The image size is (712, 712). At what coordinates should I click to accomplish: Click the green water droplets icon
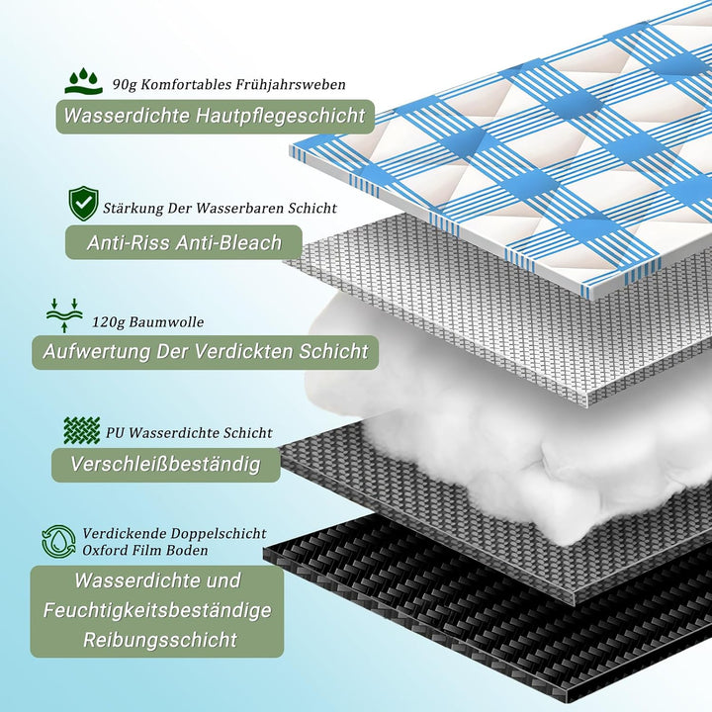point(84,81)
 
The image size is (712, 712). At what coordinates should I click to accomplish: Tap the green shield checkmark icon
point(83,204)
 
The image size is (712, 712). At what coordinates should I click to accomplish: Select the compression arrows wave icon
point(64,315)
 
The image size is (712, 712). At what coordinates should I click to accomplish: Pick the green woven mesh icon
point(82,430)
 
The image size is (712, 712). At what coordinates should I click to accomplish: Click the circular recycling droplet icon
point(58,542)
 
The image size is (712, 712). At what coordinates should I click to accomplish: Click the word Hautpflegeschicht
point(280,116)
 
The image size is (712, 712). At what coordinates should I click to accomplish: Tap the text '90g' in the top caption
point(125,85)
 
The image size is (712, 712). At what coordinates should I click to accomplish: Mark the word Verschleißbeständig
point(166,464)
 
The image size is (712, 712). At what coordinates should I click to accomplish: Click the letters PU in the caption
point(115,433)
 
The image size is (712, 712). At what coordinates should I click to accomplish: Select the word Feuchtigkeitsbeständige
point(157,611)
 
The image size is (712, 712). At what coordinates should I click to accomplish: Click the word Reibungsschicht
point(160,640)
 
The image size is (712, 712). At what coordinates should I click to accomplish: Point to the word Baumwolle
point(167,322)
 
